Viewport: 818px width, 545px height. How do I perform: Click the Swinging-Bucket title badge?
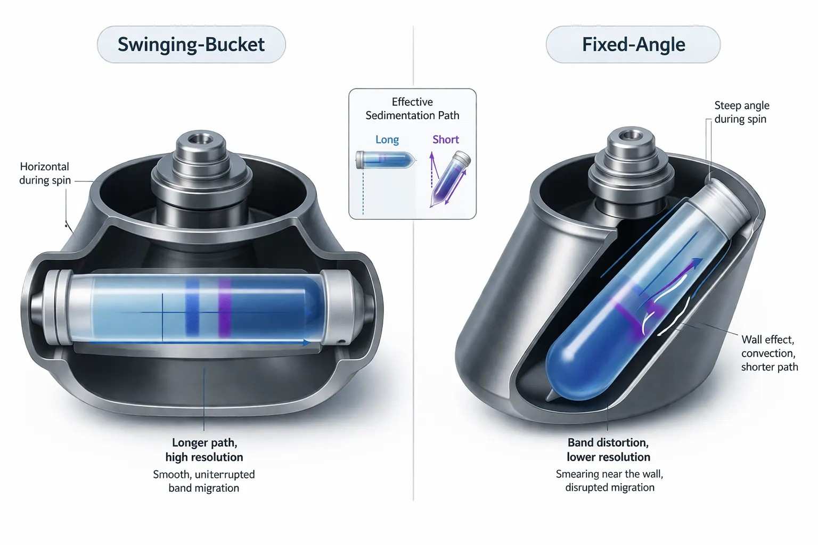coord(191,44)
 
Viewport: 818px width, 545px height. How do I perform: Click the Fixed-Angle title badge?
coord(633,44)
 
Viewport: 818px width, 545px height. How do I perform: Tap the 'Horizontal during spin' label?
coord(45,174)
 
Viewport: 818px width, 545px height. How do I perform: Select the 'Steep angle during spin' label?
coord(741,112)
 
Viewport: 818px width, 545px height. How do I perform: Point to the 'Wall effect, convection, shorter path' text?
coord(769,353)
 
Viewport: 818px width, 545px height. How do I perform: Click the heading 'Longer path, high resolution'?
coord(204,450)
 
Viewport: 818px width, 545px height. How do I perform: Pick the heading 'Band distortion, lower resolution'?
coord(608,450)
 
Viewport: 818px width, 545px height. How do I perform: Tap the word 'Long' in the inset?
coord(387,140)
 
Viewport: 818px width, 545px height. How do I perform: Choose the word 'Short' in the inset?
coord(445,139)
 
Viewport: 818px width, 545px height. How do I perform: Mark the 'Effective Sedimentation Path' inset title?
coord(412,109)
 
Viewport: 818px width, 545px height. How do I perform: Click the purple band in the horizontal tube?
coord(225,308)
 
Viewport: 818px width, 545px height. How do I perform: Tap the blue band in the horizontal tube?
coord(192,308)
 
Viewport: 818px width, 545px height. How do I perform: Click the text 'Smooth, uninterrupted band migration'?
coord(204,481)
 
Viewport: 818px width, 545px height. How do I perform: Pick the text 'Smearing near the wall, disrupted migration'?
coord(609,481)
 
